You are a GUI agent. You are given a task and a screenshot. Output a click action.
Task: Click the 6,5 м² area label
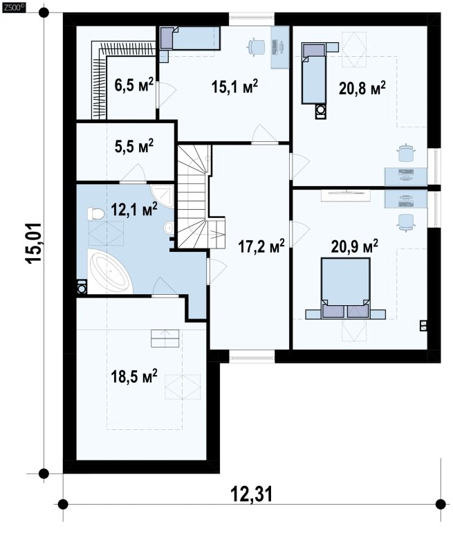point(134,85)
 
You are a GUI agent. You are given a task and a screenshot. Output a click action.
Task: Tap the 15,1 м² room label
point(234,87)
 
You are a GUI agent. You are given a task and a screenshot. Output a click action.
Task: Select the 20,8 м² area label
point(362,88)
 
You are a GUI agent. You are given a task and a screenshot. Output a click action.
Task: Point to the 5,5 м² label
point(134,147)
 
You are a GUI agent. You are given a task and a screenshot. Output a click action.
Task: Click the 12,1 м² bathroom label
point(134,209)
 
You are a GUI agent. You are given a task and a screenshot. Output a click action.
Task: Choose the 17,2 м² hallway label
point(261,246)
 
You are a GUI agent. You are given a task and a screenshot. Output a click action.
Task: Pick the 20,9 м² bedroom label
point(355,246)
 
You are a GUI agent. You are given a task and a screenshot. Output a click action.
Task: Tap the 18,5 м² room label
point(134,376)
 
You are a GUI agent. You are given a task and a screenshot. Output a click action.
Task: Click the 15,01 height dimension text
point(34,244)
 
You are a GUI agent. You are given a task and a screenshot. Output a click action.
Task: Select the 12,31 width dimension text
point(251,494)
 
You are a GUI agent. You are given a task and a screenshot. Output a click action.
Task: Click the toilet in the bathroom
point(95,214)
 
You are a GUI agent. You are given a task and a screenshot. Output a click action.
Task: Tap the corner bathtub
point(110,271)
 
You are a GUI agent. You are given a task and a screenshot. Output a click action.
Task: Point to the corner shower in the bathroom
point(163,196)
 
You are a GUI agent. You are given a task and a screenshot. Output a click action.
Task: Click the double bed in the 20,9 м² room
point(345,287)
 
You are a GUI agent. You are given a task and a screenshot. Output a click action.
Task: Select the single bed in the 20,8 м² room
point(314,73)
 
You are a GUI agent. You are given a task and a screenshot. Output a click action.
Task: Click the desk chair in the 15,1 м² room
point(256,46)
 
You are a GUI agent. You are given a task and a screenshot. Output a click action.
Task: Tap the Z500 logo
point(13,7)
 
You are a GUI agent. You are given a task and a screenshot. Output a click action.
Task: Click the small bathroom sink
point(169,228)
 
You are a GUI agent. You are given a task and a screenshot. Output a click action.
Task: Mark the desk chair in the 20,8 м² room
point(406,152)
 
